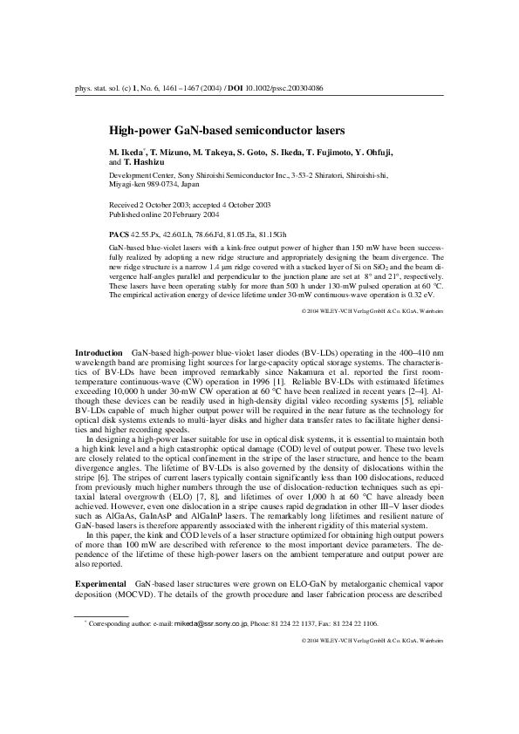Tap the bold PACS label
click(x=119, y=235)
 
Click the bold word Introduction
click(x=99, y=351)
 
